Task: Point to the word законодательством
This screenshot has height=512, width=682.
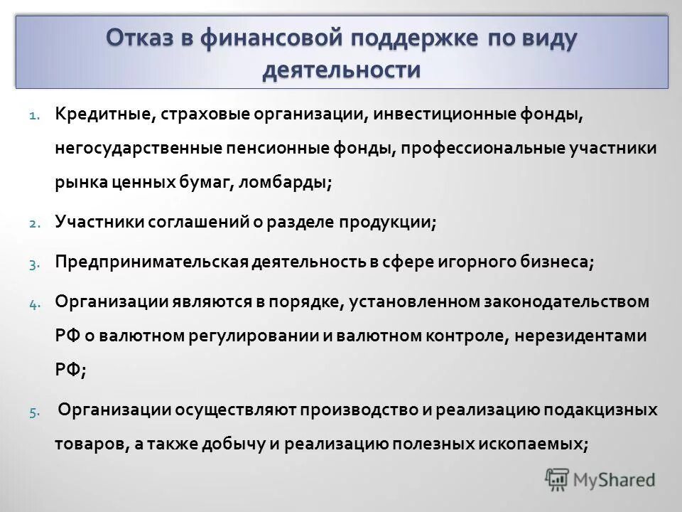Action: pos(551,302)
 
